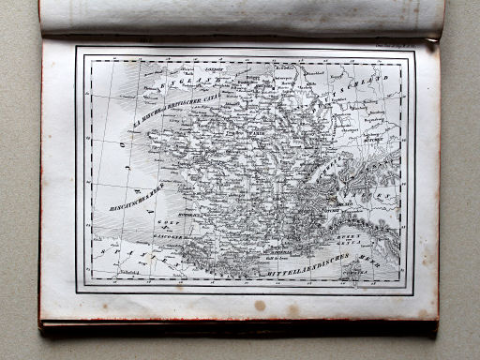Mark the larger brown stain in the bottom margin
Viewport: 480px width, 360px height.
click(260, 306)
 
